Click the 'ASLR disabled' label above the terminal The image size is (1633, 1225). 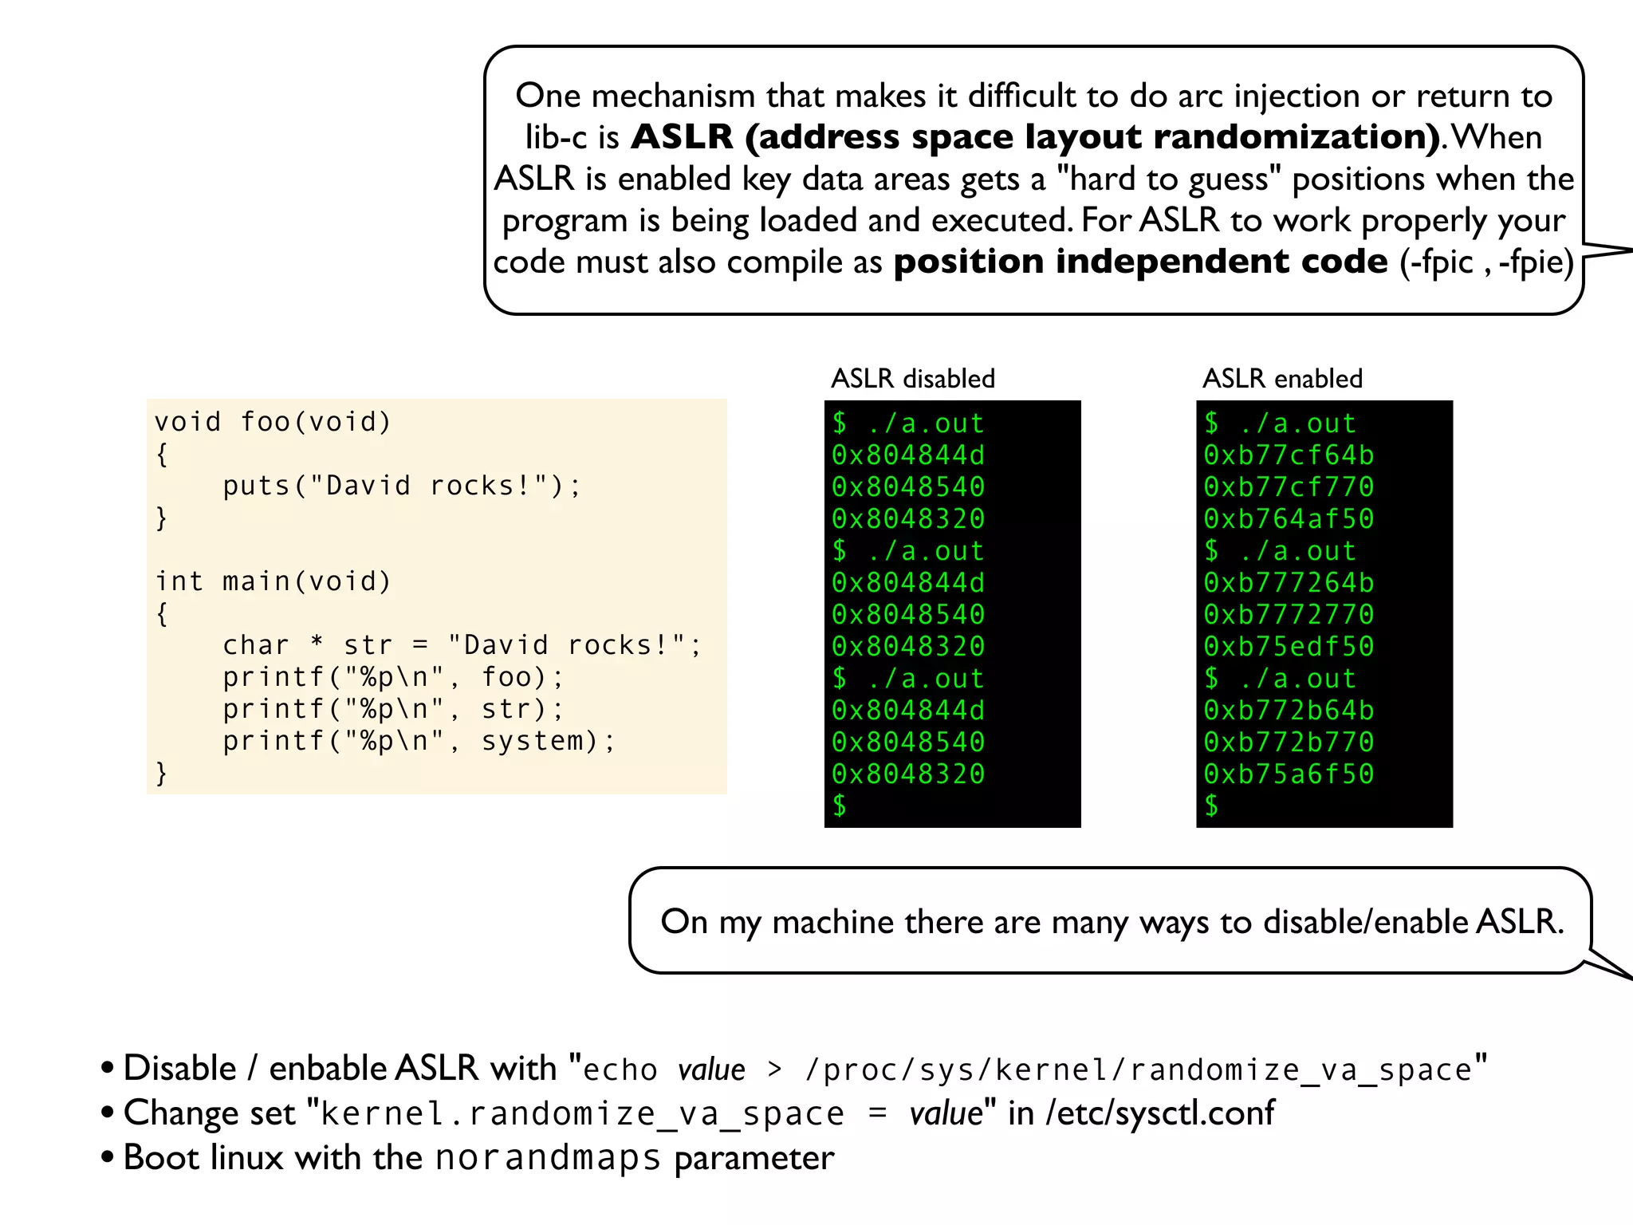click(913, 378)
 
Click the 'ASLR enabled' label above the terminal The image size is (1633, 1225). click(1282, 378)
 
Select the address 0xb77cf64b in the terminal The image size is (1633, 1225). click(1289, 455)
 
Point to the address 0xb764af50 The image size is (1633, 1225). click(1289, 519)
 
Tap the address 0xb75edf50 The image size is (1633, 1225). click(1289, 647)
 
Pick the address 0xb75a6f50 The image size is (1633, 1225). click(1289, 774)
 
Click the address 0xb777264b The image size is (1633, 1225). click(1289, 583)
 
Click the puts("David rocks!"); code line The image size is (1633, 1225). click(402, 486)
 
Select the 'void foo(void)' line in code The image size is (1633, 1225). click(273, 422)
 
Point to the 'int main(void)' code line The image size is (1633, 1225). click(273, 581)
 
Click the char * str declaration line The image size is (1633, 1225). click(462, 645)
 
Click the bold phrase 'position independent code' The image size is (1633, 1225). click(1140, 262)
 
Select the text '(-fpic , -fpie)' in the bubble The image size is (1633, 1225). click(1487, 262)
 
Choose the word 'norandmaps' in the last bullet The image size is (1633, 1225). click(548, 1158)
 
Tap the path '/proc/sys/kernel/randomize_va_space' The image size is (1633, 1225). click(1139, 1069)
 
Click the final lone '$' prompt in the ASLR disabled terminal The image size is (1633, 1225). click(840, 806)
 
